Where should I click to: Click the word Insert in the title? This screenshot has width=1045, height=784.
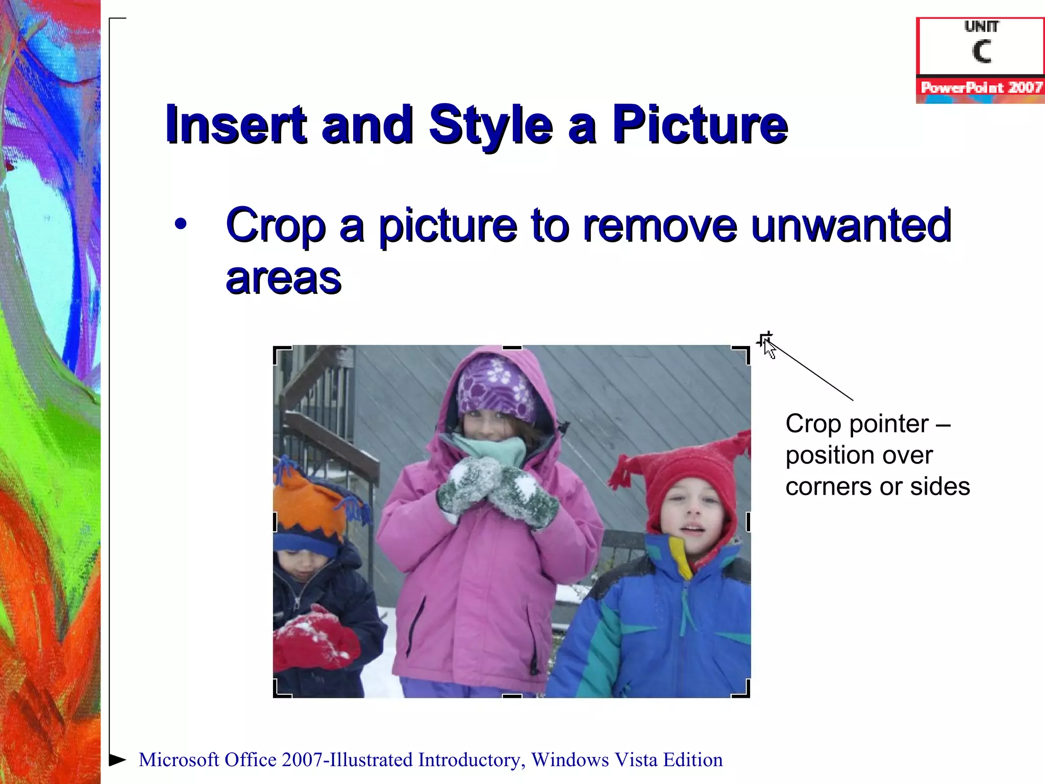tap(236, 125)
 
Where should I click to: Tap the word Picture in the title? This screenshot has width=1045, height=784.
tap(700, 125)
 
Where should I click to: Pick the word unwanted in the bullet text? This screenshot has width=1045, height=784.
tap(851, 226)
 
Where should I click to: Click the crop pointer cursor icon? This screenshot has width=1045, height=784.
tap(766, 344)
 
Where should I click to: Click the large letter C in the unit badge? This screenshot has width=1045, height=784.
tap(981, 52)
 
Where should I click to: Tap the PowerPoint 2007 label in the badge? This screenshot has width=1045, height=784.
tap(981, 88)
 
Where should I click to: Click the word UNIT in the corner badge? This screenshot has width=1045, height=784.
tap(981, 27)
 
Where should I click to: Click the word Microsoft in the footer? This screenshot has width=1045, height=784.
tap(179, 760)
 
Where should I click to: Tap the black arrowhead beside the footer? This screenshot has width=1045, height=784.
tap(118, 759)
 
